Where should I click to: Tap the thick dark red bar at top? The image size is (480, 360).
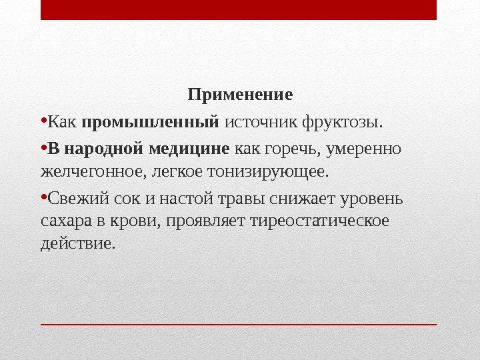tap(239, 10)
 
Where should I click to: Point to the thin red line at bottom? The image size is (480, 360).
tap(239, 324)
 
